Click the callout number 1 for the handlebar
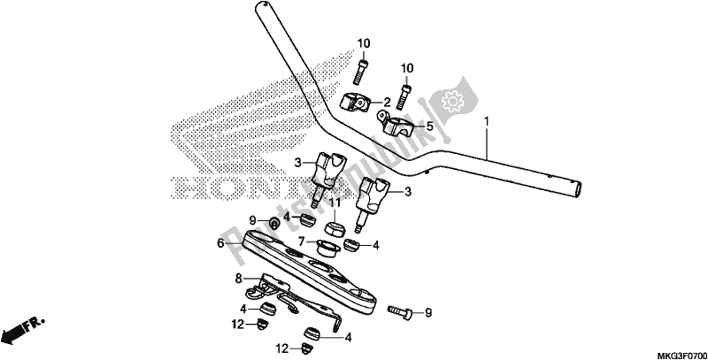[x=486, y=120]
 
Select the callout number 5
[x=429, y=126]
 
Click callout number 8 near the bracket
[x=238, y=278]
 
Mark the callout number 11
[x=335, y=204]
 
